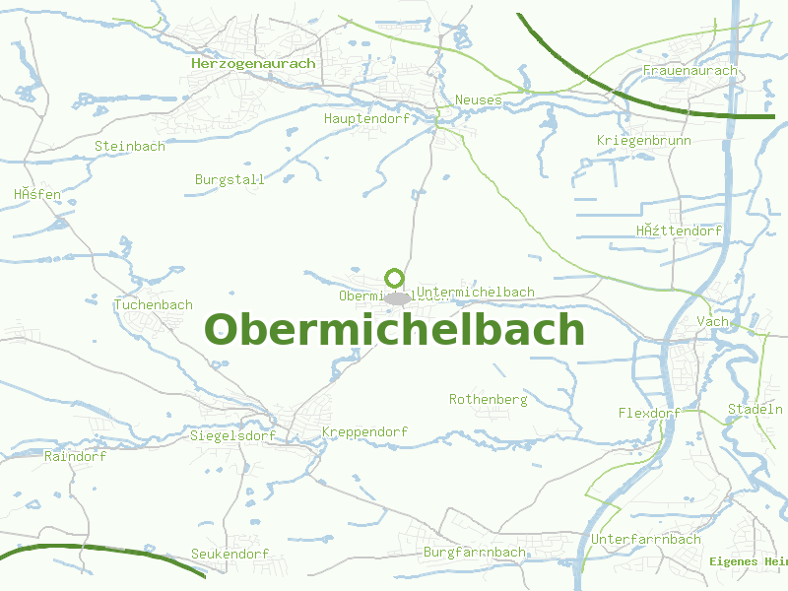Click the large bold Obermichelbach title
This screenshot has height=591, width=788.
[394, 329]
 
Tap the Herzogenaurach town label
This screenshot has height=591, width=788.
[253, 63]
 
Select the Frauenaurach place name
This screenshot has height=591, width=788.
[689, 71]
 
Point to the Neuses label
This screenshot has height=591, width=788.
[479, 99]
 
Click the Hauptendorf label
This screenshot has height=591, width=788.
[365, 118]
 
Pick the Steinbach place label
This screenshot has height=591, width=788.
[130, 146]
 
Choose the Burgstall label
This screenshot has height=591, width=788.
[230, 179]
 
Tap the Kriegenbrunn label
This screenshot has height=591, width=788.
[644, 141]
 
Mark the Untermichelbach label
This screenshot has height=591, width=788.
[476, 292]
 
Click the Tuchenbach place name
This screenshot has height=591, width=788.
[154, 304]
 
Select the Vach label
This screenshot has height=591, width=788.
[712, 322]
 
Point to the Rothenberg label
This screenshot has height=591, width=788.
[489, 400]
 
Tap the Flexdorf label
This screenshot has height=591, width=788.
[649, 413]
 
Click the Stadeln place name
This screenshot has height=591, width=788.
[755, 409]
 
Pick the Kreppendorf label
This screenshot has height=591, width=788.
[364, 432]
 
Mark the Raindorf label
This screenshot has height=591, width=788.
[75, 456]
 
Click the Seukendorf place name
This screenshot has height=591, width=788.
[230, 555]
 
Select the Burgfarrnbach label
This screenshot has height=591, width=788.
[475, 553]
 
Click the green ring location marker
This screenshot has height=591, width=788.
[395, 278]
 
